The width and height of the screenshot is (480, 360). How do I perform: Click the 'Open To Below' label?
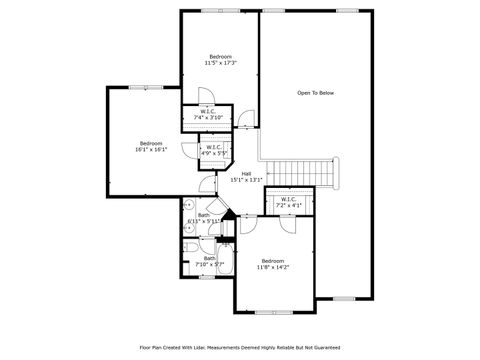click(315, 93)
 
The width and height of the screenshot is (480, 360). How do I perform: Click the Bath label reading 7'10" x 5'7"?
click(209, 262)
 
